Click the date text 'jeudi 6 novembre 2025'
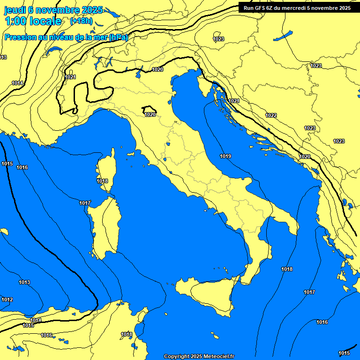[54, 10]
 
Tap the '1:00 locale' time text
[33, 21]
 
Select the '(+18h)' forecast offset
[81, 21]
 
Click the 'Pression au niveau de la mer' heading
[66, 37]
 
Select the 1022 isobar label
[271, 115]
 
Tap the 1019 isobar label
[225, 156]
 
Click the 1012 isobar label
[7, 300]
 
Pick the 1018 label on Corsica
[102, 181]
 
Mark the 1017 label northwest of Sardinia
[85, 203]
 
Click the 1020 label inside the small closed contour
[150, 114]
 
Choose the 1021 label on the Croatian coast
[234, 101]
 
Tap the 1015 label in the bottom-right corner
[344, 353]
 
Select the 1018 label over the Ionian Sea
[287, 269]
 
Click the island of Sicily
[206, 293]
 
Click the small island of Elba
[131, 154]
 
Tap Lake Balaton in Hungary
[283, 36]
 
